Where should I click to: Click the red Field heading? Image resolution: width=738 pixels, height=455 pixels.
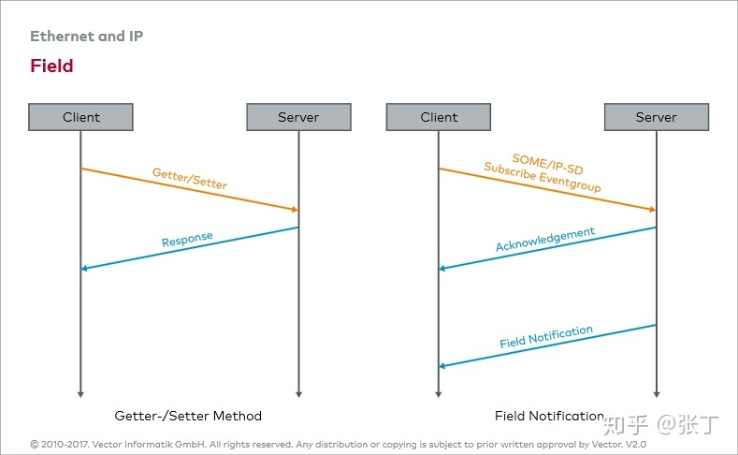51,66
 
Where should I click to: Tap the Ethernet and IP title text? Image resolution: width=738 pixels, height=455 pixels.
87,37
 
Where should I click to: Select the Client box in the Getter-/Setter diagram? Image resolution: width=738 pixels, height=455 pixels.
81,117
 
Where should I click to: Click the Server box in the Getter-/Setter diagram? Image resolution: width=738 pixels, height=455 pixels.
299,117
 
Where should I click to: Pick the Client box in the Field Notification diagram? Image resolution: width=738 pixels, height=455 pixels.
439,117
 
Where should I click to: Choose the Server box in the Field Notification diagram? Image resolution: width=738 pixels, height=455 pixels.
657,117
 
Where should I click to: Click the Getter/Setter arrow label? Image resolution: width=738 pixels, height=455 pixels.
190,179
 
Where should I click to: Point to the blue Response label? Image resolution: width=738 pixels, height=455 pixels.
187,240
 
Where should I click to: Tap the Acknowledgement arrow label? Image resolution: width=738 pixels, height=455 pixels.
545,240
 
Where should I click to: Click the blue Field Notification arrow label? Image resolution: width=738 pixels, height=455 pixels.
546,337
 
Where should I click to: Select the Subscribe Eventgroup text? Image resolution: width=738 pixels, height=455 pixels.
543,177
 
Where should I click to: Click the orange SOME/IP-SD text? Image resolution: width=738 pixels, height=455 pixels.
548,164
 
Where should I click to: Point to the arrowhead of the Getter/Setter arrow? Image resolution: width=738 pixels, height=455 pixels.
295,209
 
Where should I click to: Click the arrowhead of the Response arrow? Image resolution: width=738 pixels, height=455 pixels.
84,269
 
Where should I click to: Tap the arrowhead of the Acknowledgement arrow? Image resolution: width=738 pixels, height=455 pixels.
441,269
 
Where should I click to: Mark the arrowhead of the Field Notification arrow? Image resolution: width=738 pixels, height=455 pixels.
441,366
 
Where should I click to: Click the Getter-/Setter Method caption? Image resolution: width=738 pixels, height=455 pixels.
188,416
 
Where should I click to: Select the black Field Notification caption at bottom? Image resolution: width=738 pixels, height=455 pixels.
549,416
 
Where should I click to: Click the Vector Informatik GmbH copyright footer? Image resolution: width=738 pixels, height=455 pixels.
338,444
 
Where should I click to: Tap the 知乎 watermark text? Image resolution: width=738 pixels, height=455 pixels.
626,425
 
